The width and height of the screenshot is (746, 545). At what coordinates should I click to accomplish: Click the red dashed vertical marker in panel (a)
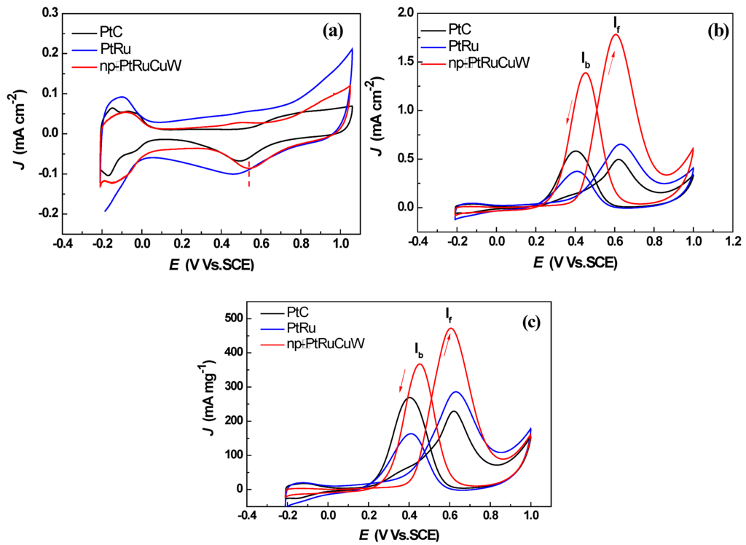(x=249, y=175)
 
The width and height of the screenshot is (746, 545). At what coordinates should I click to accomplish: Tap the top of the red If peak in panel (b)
(x=616, y=35)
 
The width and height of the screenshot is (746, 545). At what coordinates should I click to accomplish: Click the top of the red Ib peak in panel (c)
(x=420, y=364)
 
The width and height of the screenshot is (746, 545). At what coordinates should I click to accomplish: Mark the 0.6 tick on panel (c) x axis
(x=449, y=516)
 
